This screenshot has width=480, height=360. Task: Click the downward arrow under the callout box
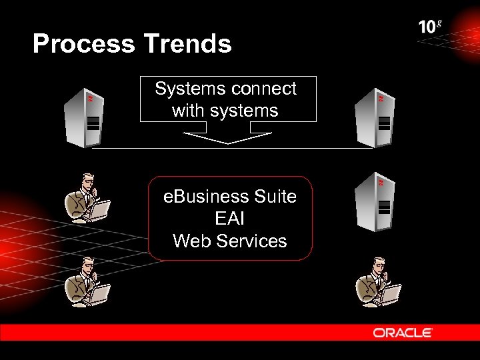227,137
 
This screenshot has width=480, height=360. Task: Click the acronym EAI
229,219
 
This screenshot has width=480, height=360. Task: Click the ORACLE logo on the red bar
403,332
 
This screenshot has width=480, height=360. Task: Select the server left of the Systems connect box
83,117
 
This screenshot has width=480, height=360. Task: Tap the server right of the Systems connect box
375,117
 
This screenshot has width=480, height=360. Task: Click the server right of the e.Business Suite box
375,201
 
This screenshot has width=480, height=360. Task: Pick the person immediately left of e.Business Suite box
87,199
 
